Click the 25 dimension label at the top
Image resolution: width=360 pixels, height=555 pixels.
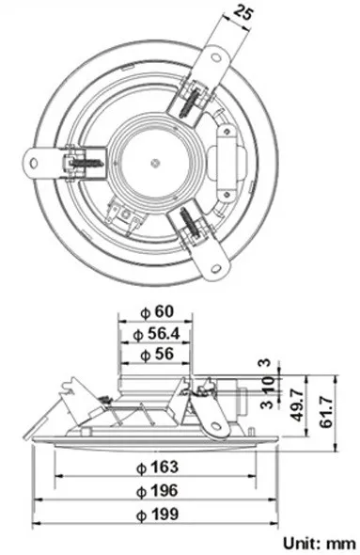tap(243, 13)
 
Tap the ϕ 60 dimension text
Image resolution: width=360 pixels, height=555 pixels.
tap(157, 311)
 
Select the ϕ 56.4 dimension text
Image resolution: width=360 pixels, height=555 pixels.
tap(157, 334)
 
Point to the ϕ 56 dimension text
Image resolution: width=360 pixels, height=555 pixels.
tap(157, 355)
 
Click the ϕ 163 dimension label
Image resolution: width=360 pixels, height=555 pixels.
tap(157, 468)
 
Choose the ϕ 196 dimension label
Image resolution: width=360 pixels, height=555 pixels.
tap(157, 491)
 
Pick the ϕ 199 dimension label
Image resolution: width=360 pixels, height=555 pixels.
tap(157, 514)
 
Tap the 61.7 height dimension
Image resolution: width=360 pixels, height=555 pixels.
tap(326, 412)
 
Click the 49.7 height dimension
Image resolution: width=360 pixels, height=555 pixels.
tap(297, 404)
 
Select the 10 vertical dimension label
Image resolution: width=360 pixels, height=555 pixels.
tap(268, 384)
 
